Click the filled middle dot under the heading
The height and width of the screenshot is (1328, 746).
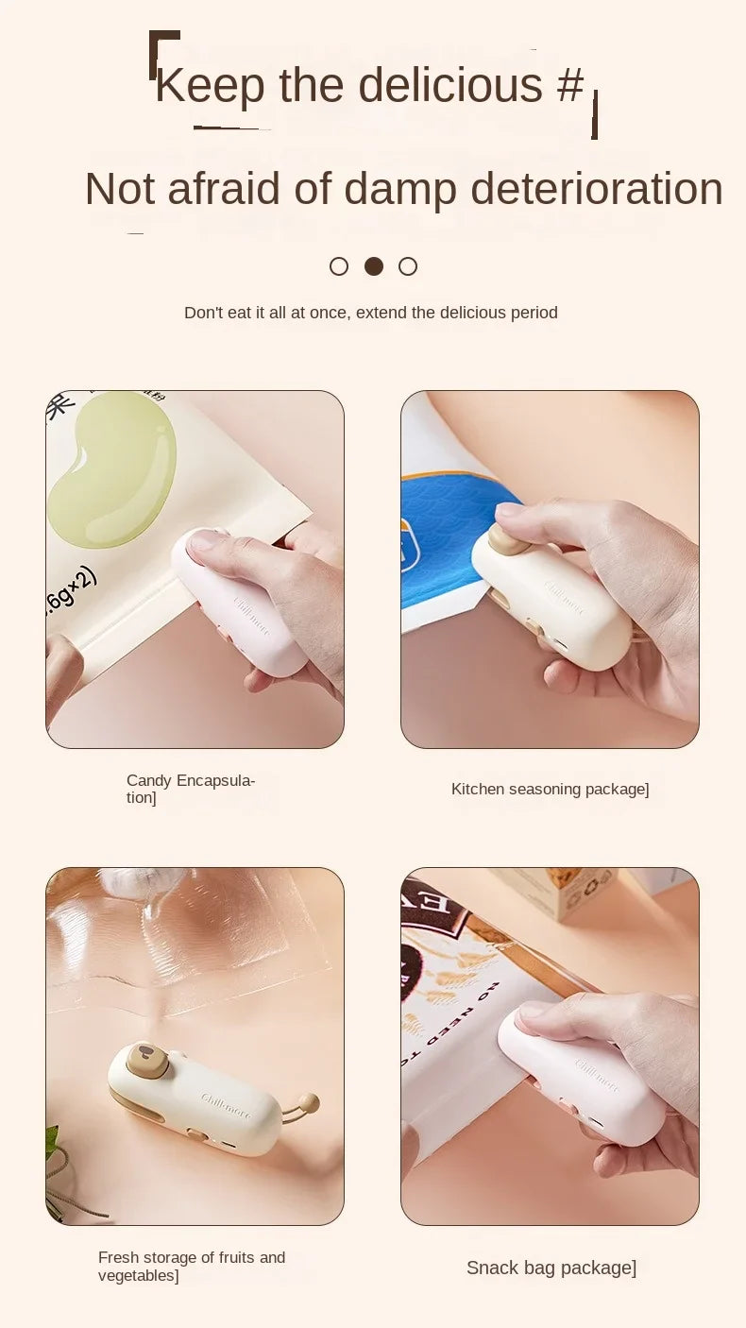click(374, 266)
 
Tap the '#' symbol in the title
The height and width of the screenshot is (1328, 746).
click(570, 84)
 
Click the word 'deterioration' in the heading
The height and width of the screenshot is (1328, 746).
click(597, 188)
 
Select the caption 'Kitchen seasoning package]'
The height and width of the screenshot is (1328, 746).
click(550, 789)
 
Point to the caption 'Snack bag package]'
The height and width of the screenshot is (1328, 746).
click(551, 1268)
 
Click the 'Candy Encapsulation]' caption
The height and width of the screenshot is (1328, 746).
click(191, 789)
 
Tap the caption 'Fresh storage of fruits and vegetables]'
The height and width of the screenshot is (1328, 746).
click(192, 1267)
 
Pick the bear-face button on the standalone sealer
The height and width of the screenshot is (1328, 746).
click(147, 1061)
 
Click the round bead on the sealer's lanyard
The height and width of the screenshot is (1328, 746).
click(309, 1101)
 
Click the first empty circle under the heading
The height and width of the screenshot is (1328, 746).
click(339, 266)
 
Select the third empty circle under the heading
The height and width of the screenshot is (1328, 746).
click(408, 266)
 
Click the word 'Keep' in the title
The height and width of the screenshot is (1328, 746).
click(211, 84)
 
